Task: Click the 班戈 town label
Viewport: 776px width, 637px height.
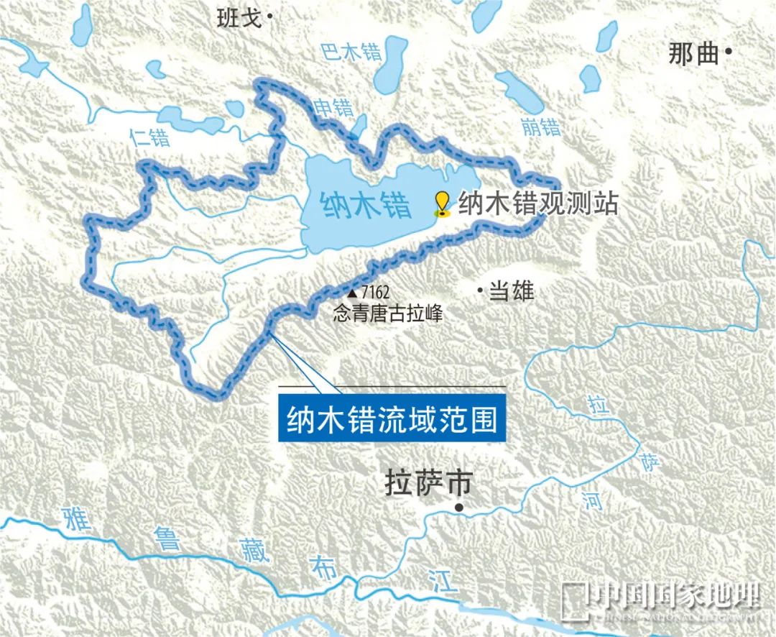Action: [x=239, y=18]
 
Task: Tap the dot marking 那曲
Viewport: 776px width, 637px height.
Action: [x=729, y=51]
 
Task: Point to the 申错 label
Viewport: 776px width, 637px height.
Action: [x=334, y=108]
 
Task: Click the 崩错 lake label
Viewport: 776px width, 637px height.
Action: [x=540, y=127]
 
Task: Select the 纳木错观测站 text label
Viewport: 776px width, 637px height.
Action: [x=537, y=203]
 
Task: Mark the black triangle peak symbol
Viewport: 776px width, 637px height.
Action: [x=352, y=293]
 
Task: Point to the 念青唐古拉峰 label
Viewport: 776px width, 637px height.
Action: [x=387, y=313]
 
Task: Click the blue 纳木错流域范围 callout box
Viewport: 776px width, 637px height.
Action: [x=392, y=419]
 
